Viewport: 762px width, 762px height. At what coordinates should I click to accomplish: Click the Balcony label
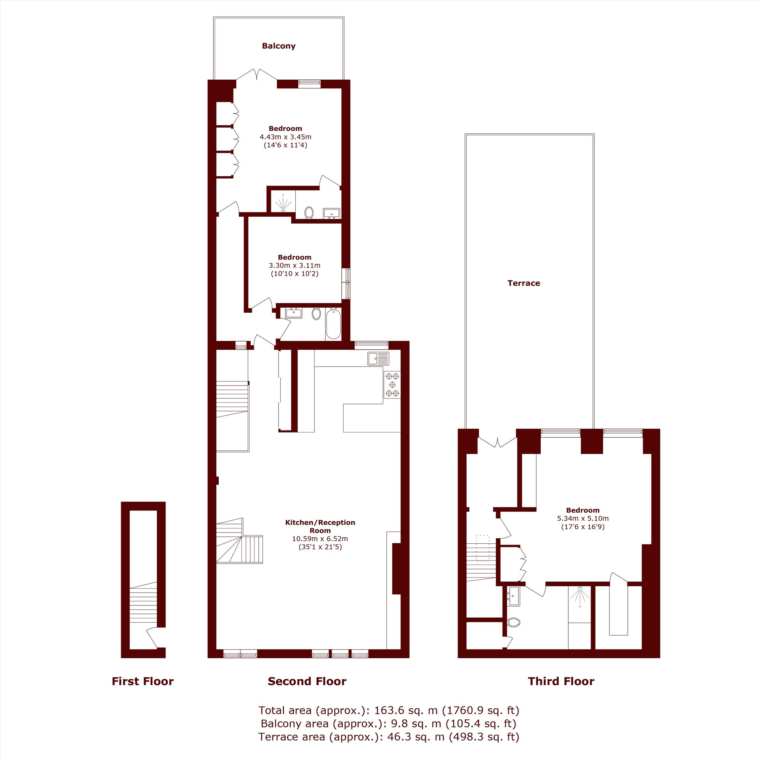pos(279,46)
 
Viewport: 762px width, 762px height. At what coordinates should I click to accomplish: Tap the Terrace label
pos(523,283)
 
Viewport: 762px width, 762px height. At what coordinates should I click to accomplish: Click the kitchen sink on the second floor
pos(378,359)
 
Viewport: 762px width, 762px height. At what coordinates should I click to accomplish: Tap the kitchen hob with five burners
pos(392,384)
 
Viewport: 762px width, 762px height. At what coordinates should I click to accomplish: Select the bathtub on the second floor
pos(333,324)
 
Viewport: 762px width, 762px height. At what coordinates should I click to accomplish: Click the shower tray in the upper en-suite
pos(283,202)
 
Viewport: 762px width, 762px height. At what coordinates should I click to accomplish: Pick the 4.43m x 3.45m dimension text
pos(285,137)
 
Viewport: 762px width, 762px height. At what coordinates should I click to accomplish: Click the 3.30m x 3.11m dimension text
pos(294,266)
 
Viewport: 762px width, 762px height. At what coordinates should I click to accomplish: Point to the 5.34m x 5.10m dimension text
pos(583,518)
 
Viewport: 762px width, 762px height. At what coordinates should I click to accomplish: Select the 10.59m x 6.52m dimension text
pos(320,538)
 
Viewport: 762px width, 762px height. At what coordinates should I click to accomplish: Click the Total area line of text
pos(389,710)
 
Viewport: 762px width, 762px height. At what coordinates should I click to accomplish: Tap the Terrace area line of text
pos(389,736)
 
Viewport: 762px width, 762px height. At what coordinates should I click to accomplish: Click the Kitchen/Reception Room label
pos(320,526)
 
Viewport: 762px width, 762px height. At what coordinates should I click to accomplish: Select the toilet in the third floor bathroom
pos(514,623)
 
